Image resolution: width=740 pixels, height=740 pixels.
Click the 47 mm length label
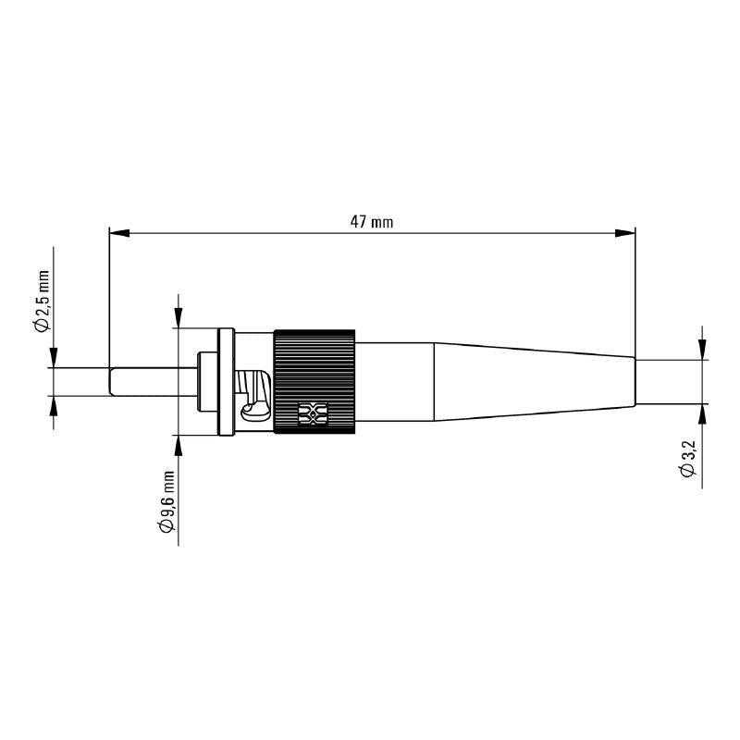click(371, 222)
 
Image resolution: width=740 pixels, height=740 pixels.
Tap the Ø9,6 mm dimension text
click(167, 500)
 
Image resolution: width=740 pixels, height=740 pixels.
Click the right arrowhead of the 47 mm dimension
click(628, 234)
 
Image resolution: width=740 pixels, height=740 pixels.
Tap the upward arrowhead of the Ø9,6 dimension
click(178, 443)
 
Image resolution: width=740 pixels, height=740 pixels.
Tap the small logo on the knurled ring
click(313, 414)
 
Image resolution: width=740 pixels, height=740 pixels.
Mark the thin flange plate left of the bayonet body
click(223, 380)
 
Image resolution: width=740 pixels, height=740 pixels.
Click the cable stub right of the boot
click(668, 381)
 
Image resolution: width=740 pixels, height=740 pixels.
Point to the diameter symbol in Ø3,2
click(687, 472)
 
